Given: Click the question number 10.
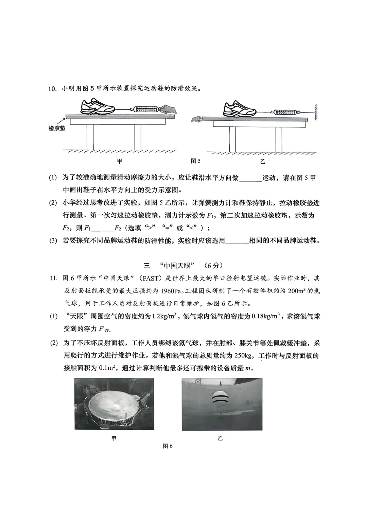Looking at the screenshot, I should pyautogui.click(x=52, y=89).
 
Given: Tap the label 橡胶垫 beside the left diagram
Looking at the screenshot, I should pyautogui.click(x=57, y=129).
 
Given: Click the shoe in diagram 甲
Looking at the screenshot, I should pyautogui.click(x=98, y=106).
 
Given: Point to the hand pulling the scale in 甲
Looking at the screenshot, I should pyautogui.click(x=169, y=109).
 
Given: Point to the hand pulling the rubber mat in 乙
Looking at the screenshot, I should pyautogui.click(x=196, y=119).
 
